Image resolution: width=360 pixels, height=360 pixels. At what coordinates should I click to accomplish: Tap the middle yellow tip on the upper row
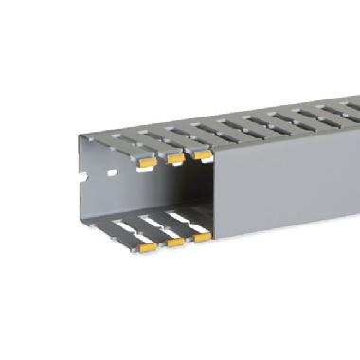(173, 157)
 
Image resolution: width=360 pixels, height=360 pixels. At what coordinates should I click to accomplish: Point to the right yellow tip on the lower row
(202, 237)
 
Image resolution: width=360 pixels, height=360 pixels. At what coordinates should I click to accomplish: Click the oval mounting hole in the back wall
(109, 174)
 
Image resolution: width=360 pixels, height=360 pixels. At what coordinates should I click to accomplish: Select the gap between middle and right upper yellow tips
(188, 153)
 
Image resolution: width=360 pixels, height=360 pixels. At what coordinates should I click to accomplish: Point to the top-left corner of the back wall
(78, 138)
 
